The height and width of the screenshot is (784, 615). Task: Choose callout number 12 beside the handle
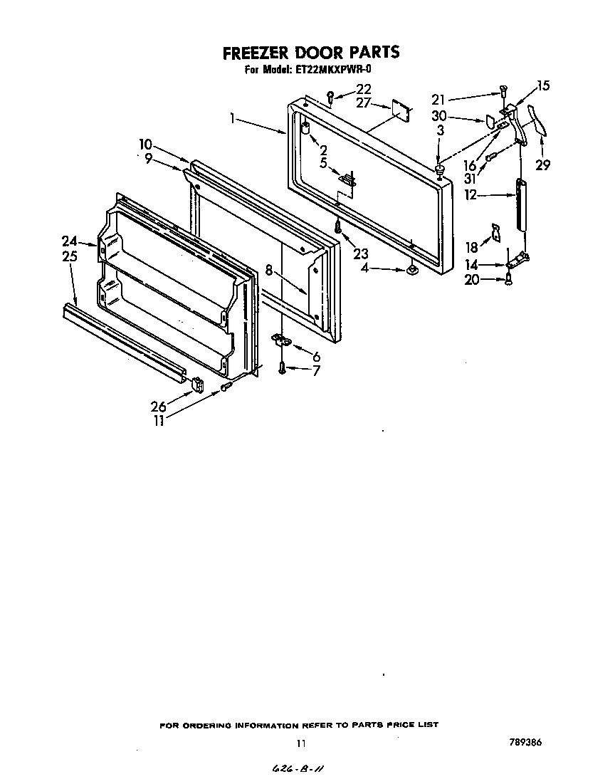470,194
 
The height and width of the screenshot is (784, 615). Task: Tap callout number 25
69,256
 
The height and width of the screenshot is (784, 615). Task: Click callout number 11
159,420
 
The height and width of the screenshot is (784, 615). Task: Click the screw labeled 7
283,368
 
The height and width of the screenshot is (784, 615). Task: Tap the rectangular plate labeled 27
401,112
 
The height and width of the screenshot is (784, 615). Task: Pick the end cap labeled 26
196,385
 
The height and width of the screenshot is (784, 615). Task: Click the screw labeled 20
508,280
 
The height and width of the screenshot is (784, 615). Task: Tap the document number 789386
525,742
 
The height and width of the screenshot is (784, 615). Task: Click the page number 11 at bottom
301,743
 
